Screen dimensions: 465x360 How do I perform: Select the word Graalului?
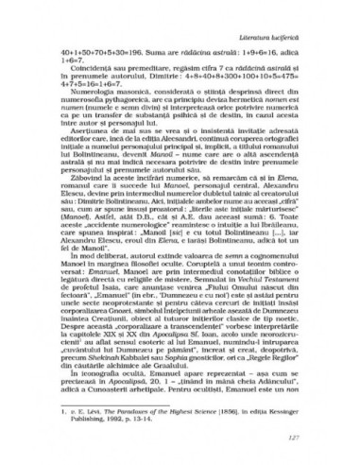point(186,379)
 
